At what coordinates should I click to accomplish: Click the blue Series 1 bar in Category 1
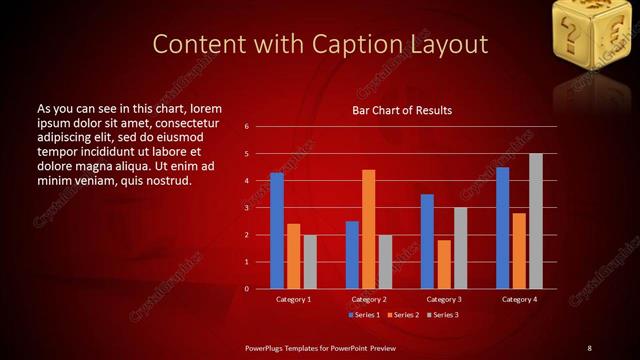[x=277, y=231]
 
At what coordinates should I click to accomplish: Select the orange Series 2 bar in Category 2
[x=368, y=229]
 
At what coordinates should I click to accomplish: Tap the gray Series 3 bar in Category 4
[x=535, y=221]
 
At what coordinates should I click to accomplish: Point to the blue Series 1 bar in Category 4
[x=502, y=228]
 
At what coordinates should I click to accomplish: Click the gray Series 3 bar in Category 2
[x=385, y=262]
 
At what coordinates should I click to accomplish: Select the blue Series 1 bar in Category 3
[x=427, y=241]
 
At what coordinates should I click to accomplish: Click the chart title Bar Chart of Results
[x=402, y=109]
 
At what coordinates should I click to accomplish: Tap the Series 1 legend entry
[x=364, y=314]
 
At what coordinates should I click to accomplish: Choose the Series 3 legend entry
[x=444, y=314]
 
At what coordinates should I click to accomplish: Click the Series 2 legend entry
[x=404, y=314]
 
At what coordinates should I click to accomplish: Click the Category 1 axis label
[x=293, y=299]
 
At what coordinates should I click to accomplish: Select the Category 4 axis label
[x=518, y=299]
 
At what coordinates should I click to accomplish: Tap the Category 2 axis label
[x=368, y=299]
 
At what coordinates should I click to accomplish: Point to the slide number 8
[x=589, y=347]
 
